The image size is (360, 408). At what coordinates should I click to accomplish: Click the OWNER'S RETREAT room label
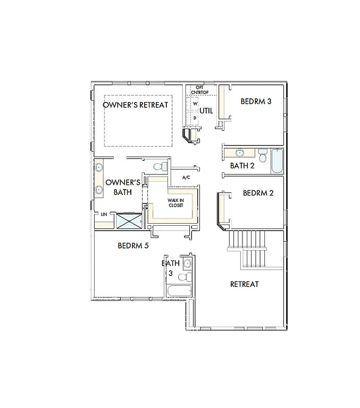(x=135, y=105)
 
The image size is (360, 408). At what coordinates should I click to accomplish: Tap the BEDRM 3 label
(x=256, y=101)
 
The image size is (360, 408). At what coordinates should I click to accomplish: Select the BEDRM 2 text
(x=258, y=193)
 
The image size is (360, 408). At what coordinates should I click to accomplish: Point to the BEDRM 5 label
(x=133, y=245)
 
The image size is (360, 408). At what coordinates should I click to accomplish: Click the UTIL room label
(x=206, y=111)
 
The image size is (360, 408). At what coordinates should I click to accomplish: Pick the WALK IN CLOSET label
(x=175, y=202)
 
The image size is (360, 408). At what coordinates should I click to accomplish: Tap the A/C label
(x=186, y=177)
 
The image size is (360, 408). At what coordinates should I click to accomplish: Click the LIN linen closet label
(x=104, y=215)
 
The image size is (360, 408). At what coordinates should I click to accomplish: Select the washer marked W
(x=195, y=104)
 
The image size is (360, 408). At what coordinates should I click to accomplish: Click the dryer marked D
(x=195, y=117)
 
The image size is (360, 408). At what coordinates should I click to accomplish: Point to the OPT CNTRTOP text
(x=199, y=90)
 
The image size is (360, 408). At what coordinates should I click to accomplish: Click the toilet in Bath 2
(x=262, y=155)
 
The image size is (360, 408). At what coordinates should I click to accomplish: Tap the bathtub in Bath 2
(x=277, y=161)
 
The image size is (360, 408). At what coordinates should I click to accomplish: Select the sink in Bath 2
(x=240, y=153)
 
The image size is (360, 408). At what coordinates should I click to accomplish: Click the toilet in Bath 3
(x=183, y=277)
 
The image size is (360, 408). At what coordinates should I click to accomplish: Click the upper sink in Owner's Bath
(x=99, y=168)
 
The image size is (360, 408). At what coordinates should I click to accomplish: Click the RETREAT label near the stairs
(x=244, y=284)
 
